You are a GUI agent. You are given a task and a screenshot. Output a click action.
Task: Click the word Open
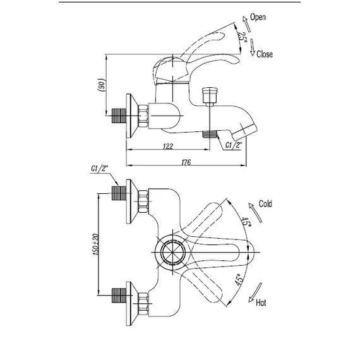[x=258, y=17]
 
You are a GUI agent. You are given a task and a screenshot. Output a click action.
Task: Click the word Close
[x=265, y=54]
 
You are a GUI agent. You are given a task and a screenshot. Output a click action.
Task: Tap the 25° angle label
[x=242, y=37]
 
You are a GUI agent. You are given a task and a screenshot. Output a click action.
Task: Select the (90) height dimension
[x=102, y=85]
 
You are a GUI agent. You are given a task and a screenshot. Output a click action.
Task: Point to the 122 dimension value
[x=168, y=147]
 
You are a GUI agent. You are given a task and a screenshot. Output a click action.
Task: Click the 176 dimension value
[x=186, y=162]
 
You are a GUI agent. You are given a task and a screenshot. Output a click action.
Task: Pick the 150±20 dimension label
[x=95, y=244]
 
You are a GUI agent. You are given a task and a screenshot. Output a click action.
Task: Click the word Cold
[x=265, y=203]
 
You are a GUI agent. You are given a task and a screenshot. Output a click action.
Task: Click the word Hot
[x=261, y=303]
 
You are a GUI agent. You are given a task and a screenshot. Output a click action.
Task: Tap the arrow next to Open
[x=246, y=24]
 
